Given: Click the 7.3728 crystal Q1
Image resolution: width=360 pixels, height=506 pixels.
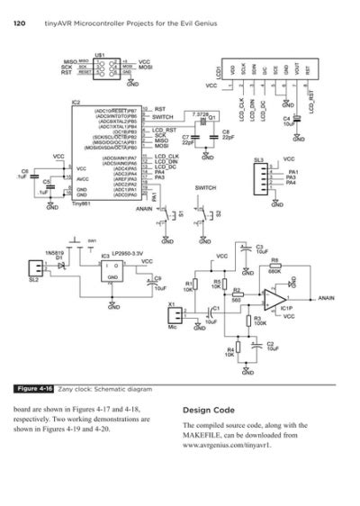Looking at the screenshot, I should click(203, 119).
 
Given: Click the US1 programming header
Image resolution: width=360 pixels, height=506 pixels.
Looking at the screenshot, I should click(103, 67).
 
